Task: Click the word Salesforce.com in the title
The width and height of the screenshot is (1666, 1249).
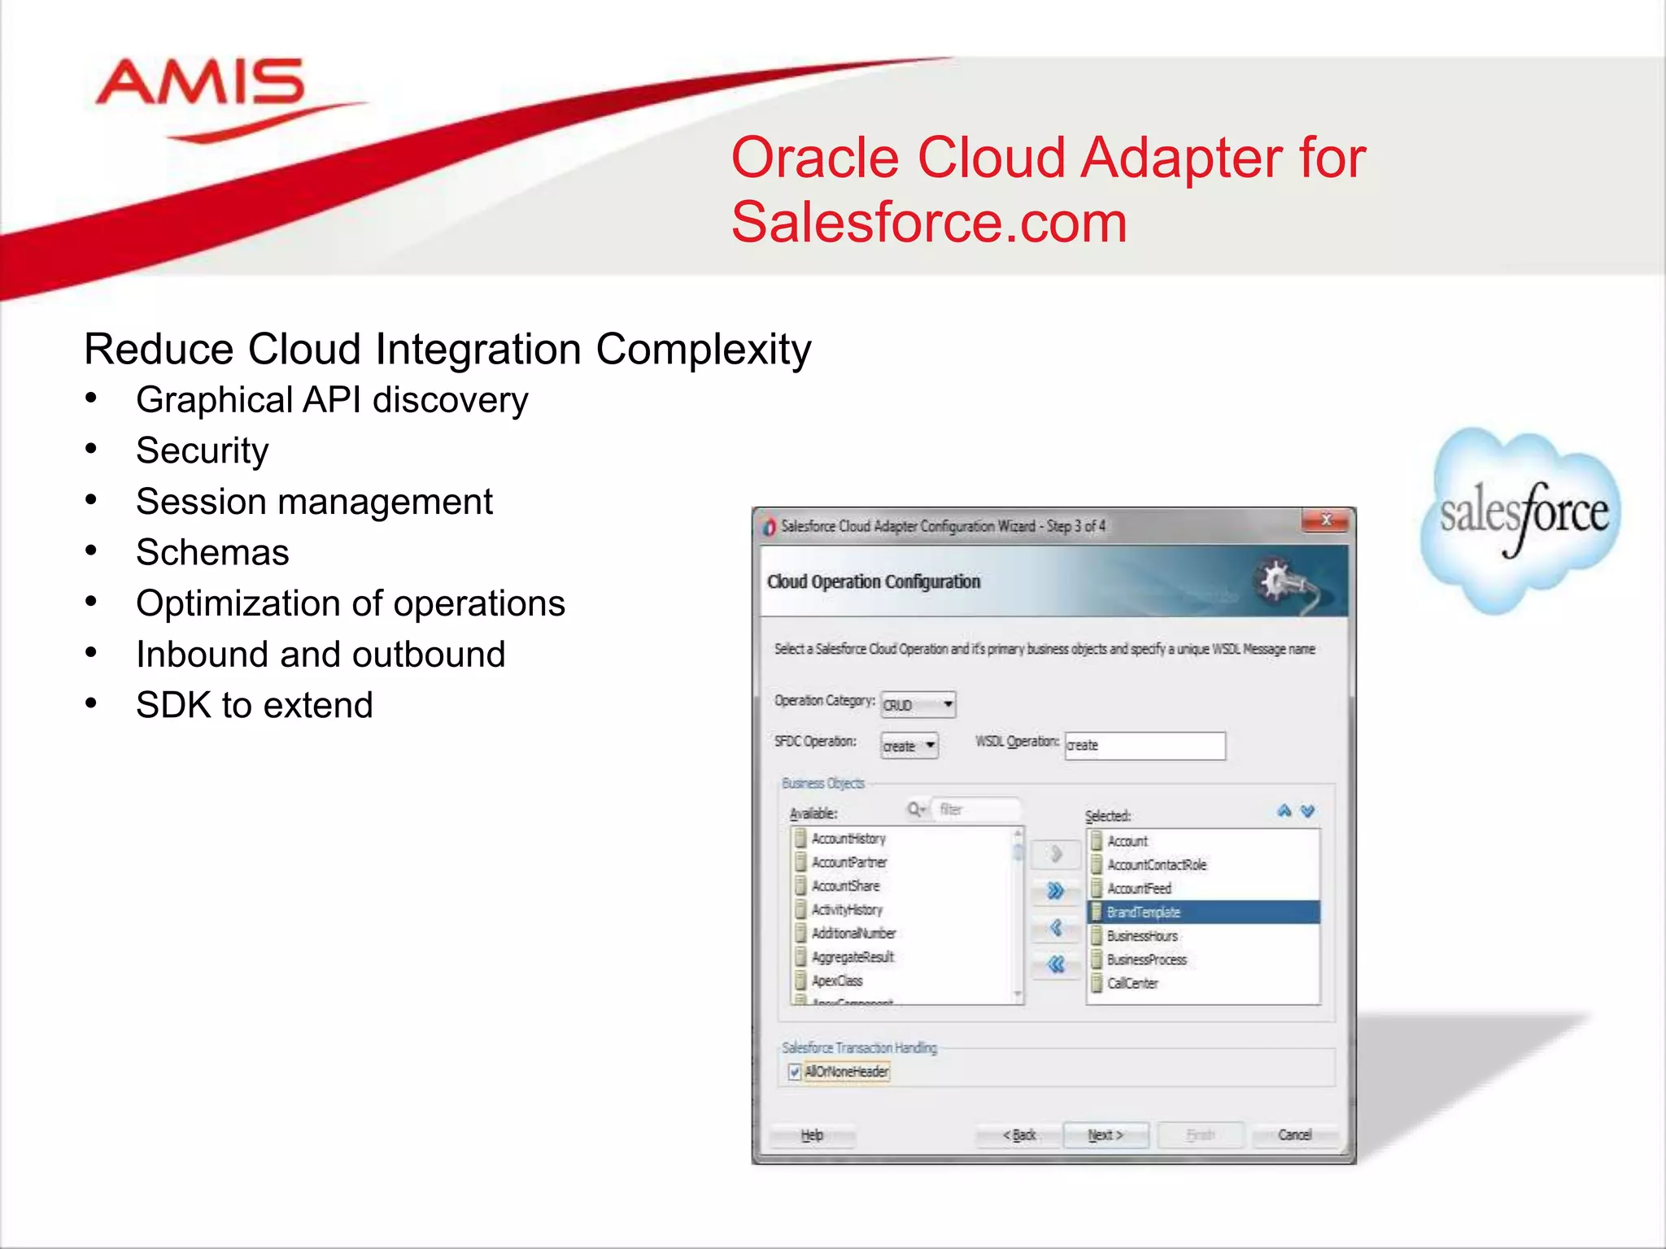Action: (x=929, y=222)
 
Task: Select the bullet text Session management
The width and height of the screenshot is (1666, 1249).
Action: (x=314, y=502)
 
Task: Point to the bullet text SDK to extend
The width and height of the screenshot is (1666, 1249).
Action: (x=254, y=705)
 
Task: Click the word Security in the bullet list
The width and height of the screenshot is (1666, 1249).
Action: (x=202, y=450)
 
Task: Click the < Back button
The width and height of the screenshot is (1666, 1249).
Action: (x=1019, y=1135)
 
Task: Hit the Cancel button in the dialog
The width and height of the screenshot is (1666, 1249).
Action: (x=1294, y=1135)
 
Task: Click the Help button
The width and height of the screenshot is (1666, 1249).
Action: (x=812, y=1135)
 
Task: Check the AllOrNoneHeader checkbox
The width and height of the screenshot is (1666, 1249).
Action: (x=795, y=1072)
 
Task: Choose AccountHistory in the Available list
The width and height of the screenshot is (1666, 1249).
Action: (x=848, y=838)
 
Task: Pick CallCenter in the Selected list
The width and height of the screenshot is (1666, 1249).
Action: (x=1132, y=983)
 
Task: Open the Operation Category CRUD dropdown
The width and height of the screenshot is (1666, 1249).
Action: (x=918, y=704)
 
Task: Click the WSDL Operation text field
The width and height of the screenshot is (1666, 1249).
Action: (x=1145, y=746)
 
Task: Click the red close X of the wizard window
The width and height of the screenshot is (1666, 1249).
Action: (x=1326, y=520)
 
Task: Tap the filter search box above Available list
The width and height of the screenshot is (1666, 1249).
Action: (x=975, y=809)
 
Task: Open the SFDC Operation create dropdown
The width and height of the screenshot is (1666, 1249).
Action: (x=909, y=746)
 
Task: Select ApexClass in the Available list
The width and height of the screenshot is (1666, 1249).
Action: (x=837, y=981)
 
